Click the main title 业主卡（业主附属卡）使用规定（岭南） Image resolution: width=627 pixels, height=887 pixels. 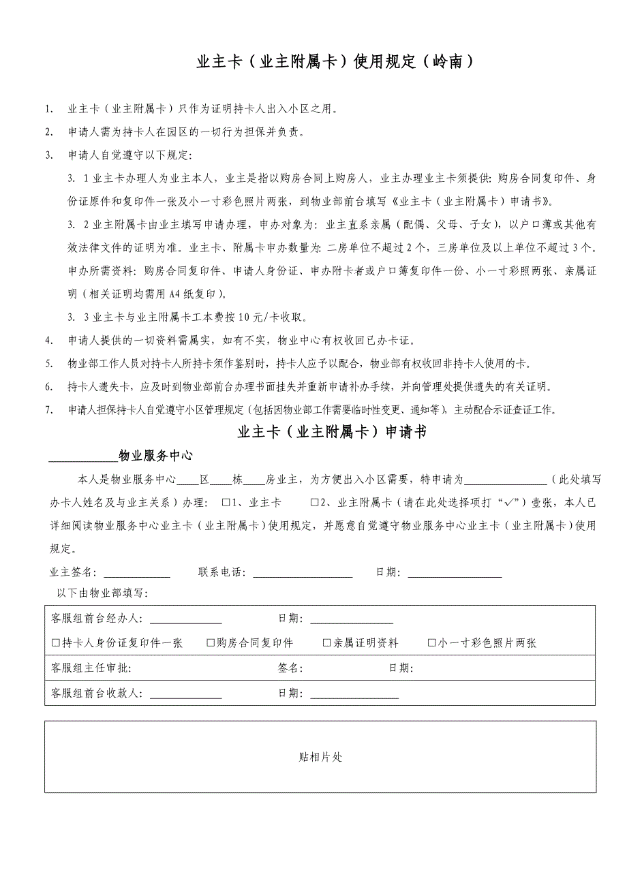coord(334,62)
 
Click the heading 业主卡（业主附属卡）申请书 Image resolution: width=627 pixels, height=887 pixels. coord(332,432)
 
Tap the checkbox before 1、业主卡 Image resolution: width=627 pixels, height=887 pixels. coord(226,503)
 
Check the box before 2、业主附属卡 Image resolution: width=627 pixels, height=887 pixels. coord(314,503)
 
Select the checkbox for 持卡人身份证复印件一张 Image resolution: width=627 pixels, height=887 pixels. coord(56,643)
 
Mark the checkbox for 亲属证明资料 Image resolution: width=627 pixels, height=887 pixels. coord(327,643)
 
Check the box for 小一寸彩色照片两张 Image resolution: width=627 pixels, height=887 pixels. coord(431,643)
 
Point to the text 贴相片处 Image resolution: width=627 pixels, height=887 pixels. coord(320,757)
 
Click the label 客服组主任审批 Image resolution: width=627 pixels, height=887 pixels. coord(91,668)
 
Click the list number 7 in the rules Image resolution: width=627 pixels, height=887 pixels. coord(48,410)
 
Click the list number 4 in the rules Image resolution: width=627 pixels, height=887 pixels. coord(48,340)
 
